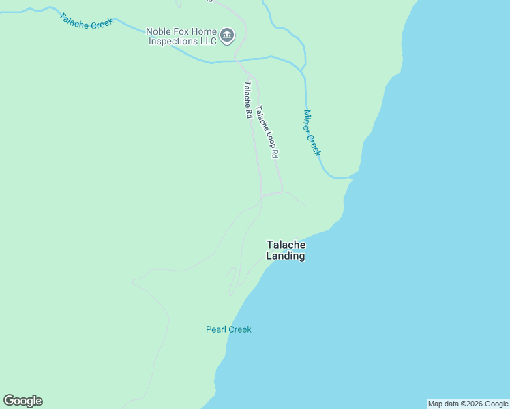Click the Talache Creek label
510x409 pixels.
click(x=86, y=21)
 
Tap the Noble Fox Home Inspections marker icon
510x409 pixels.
click(x=228, y=34)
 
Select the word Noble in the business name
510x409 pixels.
click(x=159, y=31)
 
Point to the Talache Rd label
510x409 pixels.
click(x=248, y=101)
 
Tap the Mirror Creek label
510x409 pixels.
click(x=312, y=133)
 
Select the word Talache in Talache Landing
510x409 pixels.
click(x=286, y=245)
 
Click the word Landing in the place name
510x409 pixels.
click(x=286, y=256)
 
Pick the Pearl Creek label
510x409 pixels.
click(x=228, y=329)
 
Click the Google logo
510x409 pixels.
click(x=22, y=401)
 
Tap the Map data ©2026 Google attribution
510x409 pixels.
click(x=468, y=404)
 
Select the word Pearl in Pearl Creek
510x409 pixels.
click(x=216, y=329)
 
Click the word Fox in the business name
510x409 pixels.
click(x=181, y=31)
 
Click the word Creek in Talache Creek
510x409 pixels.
click(x=101, y=25)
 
